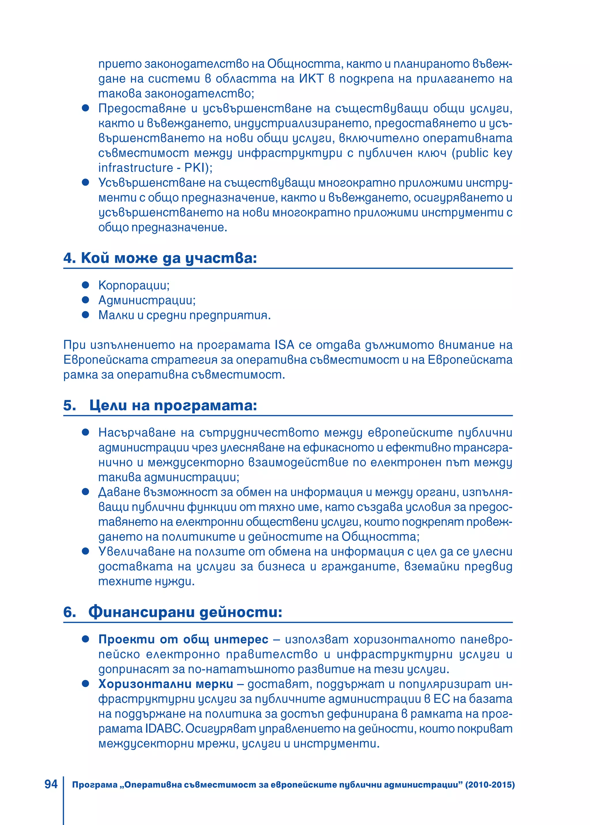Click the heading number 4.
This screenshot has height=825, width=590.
tap(68, 258)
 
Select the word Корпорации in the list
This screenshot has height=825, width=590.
tap(134, 285)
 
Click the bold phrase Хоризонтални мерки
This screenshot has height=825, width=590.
tap(166, 684)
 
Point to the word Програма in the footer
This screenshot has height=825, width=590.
tap(95, 785)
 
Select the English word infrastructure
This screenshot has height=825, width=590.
tap(135, 168)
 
